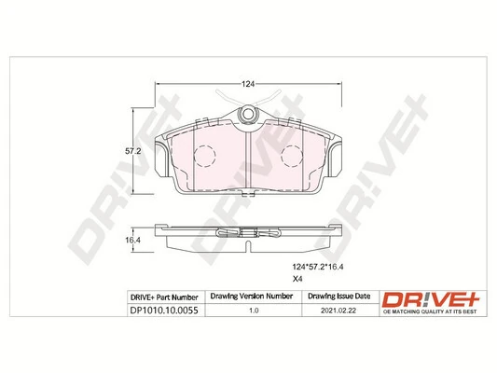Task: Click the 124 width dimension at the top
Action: click(x=248, y=85)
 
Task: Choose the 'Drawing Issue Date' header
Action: click(x=338, y=297)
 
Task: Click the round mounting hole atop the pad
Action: click(x=248, y=114)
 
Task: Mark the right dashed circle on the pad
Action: click(x=291, y=151)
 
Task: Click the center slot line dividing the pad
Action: click(x=248, y=159)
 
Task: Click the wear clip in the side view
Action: click(x=248, y=234)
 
